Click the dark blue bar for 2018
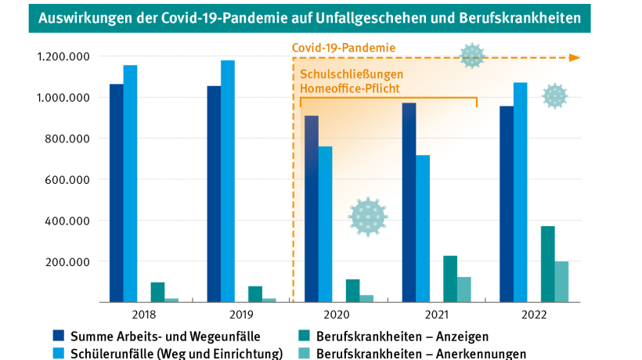coord(116,193)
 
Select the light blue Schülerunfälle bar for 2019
coord(227,181)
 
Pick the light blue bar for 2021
coord(423,228)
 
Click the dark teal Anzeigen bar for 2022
coord(547,264)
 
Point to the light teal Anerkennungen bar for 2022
coord(561,281)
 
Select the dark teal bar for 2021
coord(450,278)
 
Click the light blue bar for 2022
coord(520,192)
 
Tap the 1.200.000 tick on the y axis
coord(62,57)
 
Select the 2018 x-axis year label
coord(144,315)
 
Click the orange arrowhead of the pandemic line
coord(575,57)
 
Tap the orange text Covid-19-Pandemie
coord(344,48)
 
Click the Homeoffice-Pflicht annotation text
coord(350,88)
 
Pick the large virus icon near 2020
coord(368,217)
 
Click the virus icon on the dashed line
coord(472,56)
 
